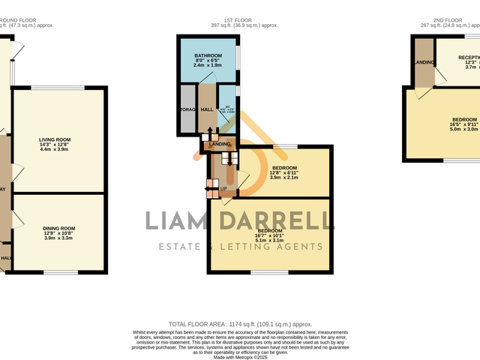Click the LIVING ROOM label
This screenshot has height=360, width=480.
point(55,139)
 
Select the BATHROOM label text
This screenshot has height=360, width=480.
point(208,56)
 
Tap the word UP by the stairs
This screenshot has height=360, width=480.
point(223,188)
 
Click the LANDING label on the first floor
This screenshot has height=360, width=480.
point(220,143)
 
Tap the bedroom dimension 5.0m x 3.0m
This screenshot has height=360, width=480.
point(463,129)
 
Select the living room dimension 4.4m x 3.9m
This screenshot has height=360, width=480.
point(55,150)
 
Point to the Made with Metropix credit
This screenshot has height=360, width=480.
point(240,358)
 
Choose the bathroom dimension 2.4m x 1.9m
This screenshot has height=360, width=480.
point(208,65)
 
